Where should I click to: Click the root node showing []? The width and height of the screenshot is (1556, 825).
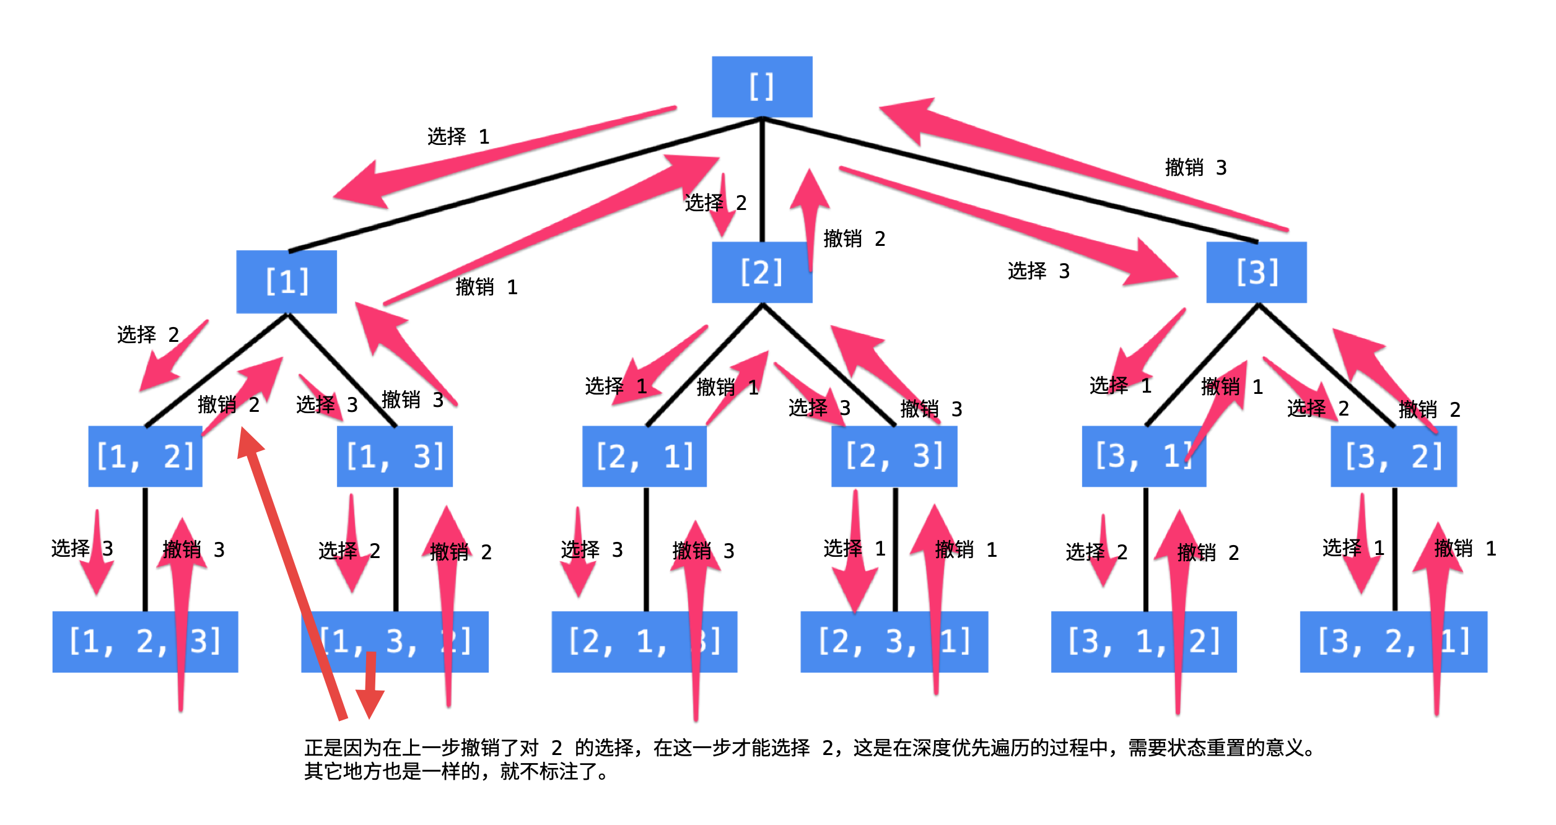(x=761, y=87)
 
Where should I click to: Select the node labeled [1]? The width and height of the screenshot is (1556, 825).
(x=286, y=282)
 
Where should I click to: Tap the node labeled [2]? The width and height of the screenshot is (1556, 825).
(x=761, y=273)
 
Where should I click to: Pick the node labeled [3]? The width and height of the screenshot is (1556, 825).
(x=1256, y=273)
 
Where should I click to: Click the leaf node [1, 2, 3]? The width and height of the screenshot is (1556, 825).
(x=145, y=642)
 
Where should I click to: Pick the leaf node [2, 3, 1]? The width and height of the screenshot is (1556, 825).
(x=893, y=642)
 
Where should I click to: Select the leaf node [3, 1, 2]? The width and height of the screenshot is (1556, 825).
(x=1143, y=642)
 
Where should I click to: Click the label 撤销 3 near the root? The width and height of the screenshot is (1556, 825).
(x=1195, y=167)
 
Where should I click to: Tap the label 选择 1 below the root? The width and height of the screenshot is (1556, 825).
(x=458, y=136)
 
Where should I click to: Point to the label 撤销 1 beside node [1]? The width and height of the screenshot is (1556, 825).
(x=486, y=287)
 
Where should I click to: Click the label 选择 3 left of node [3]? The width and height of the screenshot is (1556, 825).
(x=1038, y=271)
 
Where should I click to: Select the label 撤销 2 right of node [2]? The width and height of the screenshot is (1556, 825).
(x=854, y=238)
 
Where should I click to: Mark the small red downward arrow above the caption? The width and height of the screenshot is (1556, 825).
(x=370, y=687)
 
